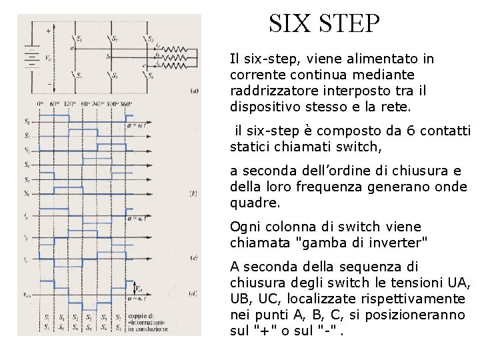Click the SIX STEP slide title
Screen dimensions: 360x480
tap(324, 24)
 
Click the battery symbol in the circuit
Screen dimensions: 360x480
tap(31, 59)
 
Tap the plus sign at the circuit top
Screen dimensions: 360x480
tap(49, 31)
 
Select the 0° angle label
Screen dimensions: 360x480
tap(41, 105)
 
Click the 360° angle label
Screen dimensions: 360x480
tap(126, 105)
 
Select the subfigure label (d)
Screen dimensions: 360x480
tap(193, 293)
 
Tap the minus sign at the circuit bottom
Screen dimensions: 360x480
tap(49, 85)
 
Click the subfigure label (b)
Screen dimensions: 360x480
tap(193, 194)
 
